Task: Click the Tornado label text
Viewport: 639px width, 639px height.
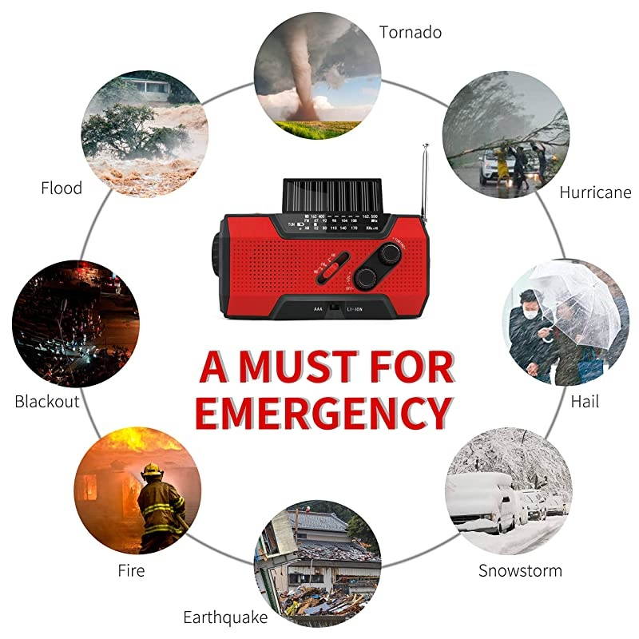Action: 411,32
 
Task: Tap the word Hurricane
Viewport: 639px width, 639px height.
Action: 595,192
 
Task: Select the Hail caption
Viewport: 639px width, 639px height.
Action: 585,401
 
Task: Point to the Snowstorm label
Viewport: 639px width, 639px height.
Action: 520,571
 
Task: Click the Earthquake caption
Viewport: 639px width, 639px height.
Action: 225,617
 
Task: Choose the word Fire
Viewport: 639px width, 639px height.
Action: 131,571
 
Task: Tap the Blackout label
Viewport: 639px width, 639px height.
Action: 47,401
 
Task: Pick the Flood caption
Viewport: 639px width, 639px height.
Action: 62,189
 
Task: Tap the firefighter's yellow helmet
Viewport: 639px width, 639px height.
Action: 152,470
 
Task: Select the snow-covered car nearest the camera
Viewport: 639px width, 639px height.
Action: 480,503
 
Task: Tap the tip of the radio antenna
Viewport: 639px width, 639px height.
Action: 427,146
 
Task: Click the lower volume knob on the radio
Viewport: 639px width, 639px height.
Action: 367,277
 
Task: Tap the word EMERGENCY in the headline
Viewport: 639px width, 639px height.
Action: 323,414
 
